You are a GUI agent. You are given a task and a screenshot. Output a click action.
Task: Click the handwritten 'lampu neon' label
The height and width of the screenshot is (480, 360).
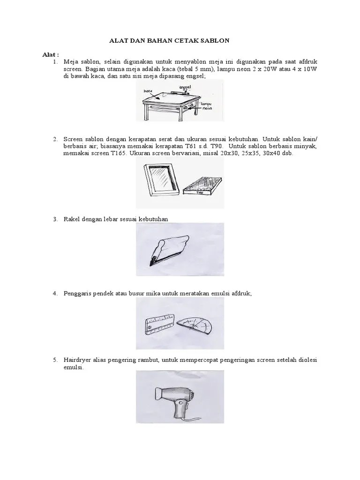coord(207,105)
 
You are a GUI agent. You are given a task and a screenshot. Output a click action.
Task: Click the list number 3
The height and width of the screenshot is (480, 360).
coord(55,219)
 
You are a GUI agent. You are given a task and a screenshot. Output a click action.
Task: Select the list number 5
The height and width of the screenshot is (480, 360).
coord(55,360)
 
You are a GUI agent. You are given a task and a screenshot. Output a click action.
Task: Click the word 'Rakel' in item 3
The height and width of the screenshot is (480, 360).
coord(72,219)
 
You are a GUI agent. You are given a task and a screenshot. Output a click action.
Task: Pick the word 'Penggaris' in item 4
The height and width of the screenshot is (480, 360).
coord(78,293)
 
